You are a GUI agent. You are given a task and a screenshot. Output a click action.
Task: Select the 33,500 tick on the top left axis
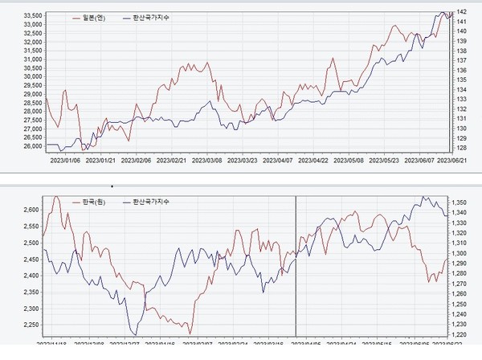tap(32, 15)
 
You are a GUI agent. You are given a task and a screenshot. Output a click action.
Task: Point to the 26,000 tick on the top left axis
tap(32, 146)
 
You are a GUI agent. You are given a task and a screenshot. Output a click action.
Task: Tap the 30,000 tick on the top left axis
tap(32, 76)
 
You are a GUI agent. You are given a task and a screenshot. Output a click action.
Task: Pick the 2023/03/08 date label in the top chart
tap(209, 160)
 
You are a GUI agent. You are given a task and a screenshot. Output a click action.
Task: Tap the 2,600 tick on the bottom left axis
tap(32, 210)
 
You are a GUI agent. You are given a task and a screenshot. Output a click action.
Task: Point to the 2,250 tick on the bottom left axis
tap(32, 325)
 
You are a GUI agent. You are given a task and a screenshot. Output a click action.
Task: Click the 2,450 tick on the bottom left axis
tap(32, 260)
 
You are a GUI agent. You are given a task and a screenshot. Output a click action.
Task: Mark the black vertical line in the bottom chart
tap(296, 265)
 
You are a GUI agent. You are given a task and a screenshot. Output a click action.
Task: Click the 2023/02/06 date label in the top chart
tap(134, 160)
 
